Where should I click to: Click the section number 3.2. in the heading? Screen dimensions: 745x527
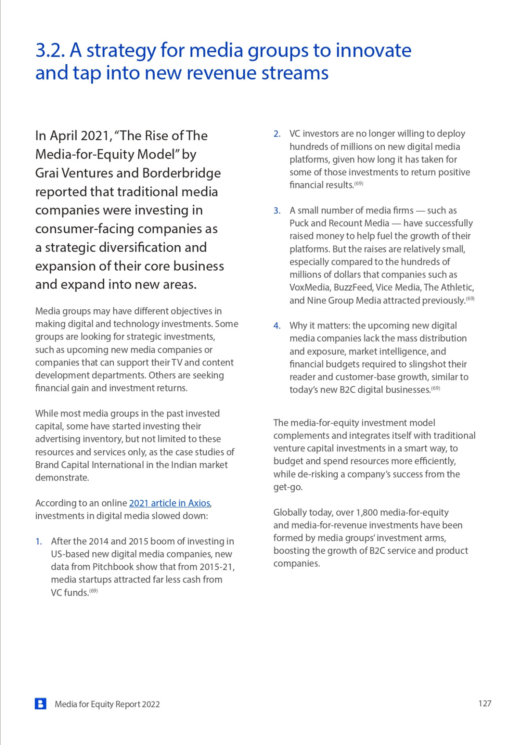[x=50, y=51]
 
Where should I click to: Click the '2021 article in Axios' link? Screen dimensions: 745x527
[x=170, y=503]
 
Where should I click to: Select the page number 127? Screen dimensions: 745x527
[x=484, y=703]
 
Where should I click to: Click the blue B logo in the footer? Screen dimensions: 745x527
[x=40, y=704]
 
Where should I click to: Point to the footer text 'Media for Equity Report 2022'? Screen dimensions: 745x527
[x=107, y=704]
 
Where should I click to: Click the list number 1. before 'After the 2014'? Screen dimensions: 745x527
[x=39, y=541]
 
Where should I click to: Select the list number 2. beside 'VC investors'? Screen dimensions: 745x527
[x=277, y=134]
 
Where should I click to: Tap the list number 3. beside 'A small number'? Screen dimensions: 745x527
[x=277, y=210]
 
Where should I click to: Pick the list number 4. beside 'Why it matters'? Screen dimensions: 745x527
[x=277, y=325]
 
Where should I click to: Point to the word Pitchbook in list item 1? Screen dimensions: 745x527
[x=112, y=567]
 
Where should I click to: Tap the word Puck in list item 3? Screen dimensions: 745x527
[x=299, y=223]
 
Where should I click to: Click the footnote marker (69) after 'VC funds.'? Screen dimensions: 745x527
[x=94, y=591]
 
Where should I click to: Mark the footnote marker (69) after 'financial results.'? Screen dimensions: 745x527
[x=359, y=183]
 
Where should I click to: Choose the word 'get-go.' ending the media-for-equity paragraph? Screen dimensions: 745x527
[x=288, y=487]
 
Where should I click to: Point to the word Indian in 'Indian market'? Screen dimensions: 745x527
[x=184, y=465]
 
